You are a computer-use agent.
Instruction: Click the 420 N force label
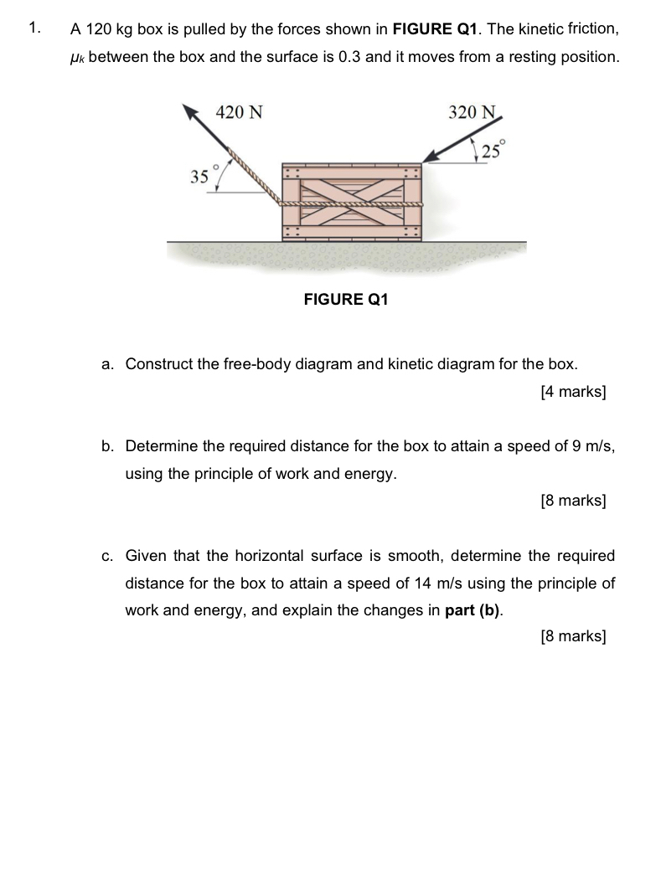(240, 112)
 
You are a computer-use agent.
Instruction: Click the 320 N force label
(473, 112)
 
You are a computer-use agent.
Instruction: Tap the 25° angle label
(493, 151)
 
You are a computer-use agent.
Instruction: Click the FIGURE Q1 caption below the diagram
(346, 299)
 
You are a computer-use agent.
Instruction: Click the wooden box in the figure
(353, 201)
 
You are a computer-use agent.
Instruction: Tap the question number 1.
(34, 28)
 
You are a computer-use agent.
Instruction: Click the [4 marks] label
(574, 391)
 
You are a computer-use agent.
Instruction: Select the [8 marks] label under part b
(574, 501)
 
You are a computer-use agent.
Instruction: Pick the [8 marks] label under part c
(574, 636)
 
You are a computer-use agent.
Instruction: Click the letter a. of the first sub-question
(107, 364)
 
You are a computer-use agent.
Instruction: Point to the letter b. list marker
(107, 446)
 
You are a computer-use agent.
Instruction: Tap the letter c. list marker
(107, 556)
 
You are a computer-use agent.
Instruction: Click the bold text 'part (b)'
(473, 610)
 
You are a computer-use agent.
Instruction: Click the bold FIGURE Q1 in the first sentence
(435, 29)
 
